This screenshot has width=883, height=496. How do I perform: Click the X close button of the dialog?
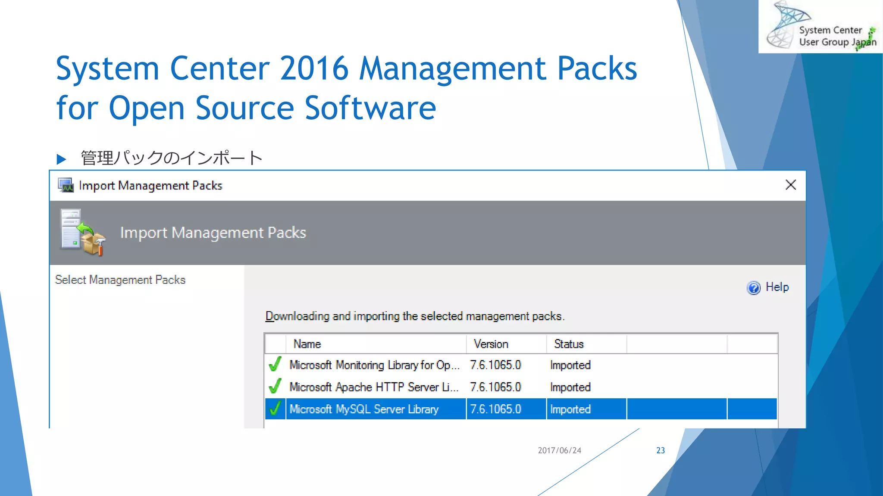(x=790, y=185)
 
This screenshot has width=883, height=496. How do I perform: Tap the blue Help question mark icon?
(x=754, y=288)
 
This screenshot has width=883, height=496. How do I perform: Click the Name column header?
(x=307, y=344)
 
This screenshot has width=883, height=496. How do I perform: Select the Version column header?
(x=491, y=344)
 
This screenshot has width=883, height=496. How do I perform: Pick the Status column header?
(x=569, y=344)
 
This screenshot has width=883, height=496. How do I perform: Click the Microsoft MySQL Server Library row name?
(x=364, y=409)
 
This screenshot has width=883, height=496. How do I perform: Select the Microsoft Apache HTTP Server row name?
(x=373, y=387)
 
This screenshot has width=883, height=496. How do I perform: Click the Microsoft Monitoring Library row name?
(x=374, y=365)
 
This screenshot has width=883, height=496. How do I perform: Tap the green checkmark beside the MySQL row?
(x=275, y=409)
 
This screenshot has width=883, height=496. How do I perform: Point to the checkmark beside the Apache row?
(x=275, y=386)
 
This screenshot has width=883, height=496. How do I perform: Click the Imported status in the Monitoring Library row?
(x=570, y=365)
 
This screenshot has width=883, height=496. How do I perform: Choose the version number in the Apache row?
(x=495, y=387)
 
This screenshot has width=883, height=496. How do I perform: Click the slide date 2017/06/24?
(x=559, y=450)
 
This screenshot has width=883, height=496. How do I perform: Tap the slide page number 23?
(x=661, y=450)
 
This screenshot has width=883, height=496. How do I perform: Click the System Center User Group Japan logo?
(x=820, y=27)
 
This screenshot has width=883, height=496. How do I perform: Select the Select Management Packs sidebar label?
(x=120, y=280)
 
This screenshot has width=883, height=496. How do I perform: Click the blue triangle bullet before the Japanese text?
(x=61, y=159)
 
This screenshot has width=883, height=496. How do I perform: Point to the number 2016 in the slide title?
(x=314, y=68)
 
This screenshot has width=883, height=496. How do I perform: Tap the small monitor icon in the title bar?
(x=66, y=185)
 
